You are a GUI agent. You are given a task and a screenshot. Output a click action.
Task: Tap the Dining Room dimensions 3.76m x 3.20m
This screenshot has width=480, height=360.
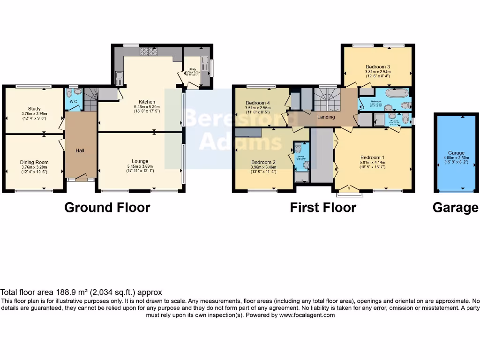(x=34, y=167)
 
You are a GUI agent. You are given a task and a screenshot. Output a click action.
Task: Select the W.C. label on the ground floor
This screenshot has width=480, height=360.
(x=73, y=101)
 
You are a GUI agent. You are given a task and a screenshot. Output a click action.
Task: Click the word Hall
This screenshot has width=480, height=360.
(x=81, y=150)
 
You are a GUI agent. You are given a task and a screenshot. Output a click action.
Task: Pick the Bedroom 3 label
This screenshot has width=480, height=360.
(x=378, y=67)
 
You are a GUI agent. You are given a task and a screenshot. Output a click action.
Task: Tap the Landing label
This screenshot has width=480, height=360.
(x=326, y=117)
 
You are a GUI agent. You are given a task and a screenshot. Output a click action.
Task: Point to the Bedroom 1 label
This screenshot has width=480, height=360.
(x=373, y=157)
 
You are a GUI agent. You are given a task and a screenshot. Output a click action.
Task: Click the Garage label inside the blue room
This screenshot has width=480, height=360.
(x=456, y=153)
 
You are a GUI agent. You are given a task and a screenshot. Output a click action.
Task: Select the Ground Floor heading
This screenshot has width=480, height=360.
(x=107, y=207)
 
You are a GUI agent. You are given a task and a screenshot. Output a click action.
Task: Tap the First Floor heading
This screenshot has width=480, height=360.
(x=323, y=207)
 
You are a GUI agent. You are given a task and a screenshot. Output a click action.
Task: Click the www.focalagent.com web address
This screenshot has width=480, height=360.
(x=307, y=315)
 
